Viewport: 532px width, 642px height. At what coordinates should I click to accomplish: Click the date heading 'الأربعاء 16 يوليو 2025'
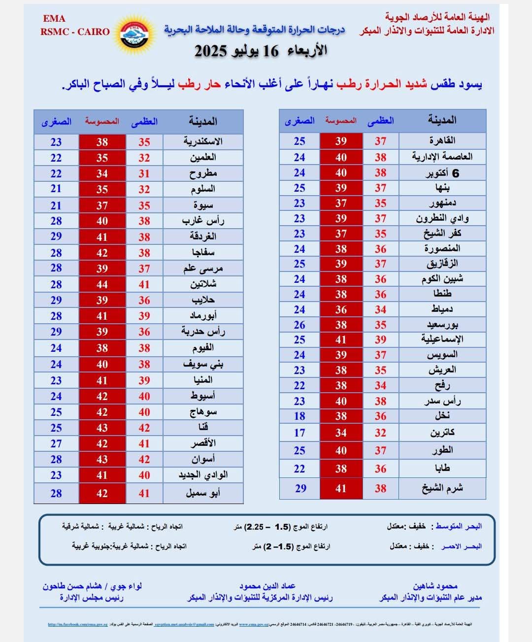261,51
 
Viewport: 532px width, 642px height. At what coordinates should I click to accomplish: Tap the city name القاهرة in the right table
442,141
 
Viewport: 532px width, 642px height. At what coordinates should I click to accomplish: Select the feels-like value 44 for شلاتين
102,284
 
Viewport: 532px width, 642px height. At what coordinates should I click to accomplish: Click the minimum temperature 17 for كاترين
299,433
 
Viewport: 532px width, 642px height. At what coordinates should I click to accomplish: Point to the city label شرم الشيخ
442,488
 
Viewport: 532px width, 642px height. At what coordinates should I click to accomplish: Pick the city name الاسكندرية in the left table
203,142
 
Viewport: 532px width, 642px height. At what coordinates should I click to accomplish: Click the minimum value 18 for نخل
299,416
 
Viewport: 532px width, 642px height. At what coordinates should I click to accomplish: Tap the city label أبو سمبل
203,493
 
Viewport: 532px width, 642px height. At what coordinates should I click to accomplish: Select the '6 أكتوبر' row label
442,173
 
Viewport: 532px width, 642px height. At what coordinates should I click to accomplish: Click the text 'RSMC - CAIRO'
75,32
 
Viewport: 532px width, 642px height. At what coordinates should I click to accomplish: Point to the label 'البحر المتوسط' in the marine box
458,526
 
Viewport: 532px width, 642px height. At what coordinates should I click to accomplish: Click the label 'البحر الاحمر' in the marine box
461,546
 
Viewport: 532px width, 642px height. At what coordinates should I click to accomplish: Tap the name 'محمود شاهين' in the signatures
435,586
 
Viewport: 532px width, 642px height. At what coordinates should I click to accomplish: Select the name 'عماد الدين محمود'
267,586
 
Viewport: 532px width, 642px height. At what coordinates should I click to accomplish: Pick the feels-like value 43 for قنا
102,428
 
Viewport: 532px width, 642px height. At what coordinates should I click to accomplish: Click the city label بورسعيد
442,325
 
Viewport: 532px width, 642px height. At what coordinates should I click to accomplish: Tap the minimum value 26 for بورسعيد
299,325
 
